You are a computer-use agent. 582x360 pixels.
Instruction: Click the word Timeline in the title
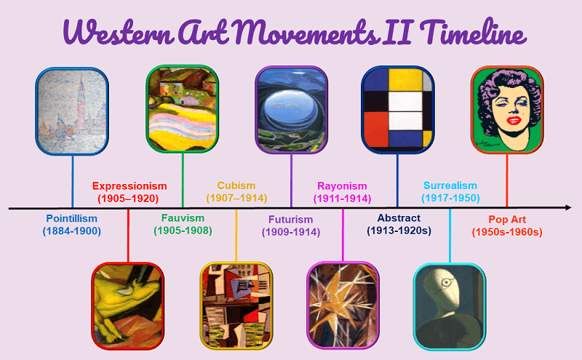474,33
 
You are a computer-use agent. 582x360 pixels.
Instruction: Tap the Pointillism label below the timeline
71,218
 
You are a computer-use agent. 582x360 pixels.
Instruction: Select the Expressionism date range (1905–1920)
128,199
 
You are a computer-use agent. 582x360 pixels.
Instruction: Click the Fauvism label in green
183,218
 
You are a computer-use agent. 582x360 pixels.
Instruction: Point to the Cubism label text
236,185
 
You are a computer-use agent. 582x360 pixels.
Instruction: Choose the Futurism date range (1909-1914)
290,232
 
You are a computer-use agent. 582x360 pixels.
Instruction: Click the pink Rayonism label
342,186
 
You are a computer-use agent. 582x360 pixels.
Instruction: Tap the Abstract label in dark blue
399,218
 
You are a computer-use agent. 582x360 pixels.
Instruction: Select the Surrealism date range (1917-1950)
450,199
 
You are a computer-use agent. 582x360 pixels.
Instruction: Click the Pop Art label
507,220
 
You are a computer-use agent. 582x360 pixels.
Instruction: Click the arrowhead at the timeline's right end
568,207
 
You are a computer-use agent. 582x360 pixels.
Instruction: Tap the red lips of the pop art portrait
514,120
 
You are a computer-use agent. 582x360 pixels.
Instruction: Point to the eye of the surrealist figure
446,283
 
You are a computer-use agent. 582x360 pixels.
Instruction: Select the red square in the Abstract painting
376,129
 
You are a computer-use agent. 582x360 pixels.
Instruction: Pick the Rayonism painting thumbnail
343,305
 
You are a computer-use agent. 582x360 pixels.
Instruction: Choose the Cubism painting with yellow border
236,305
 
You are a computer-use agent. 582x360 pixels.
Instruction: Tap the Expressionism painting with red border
128,305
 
